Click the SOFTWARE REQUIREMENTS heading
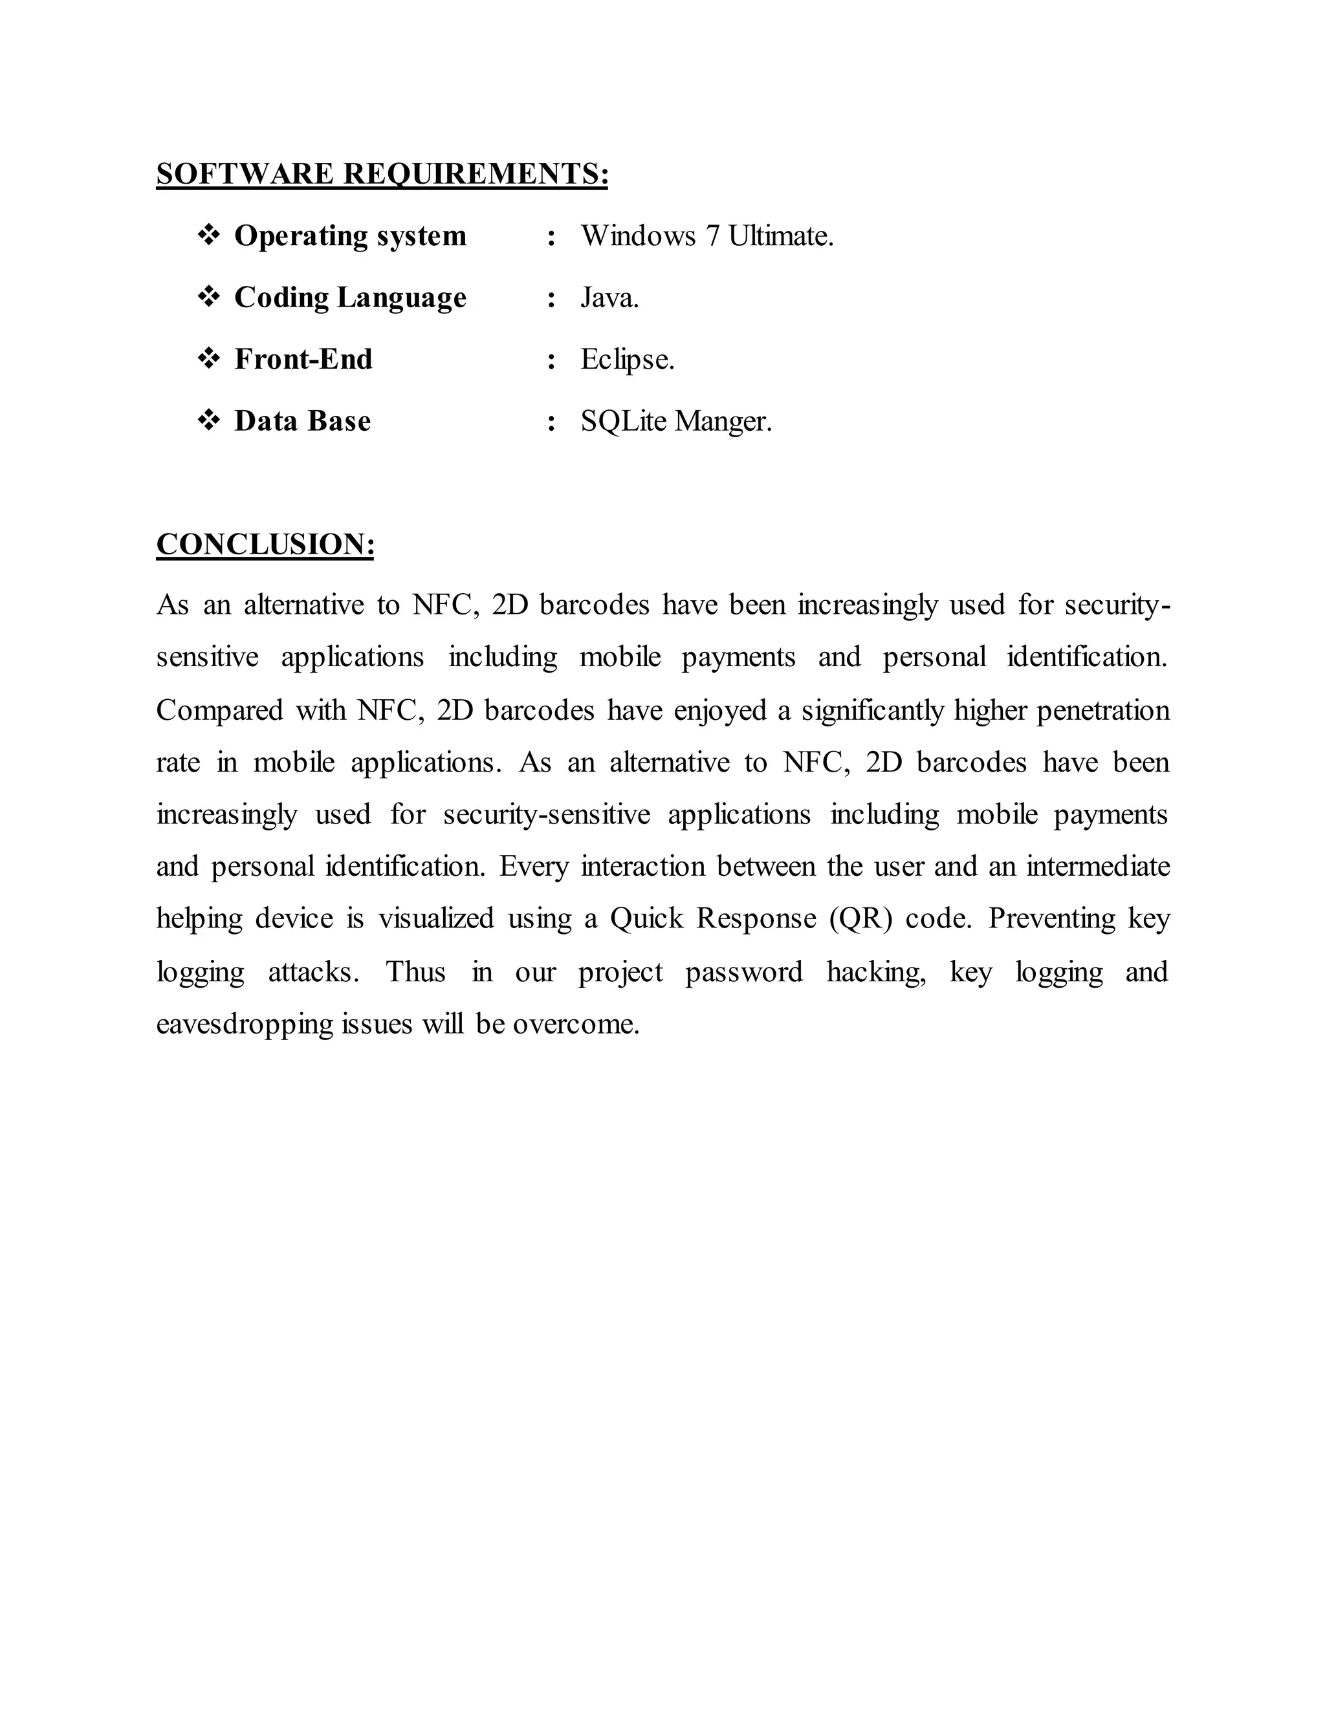pyautogui.click(x=382, y=173)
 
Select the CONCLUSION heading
pyautogui.click(x=265, y=544)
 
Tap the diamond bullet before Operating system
pyautogui.click(x=209, y=235)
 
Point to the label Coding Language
pyautogui.click(x=350, y=298)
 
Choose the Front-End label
pyautogui.click(x=303, y=360)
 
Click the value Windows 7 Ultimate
pyautogui.click(x=706, y=235)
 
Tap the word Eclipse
pyautogui.click(x=627, y=360)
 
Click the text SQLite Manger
pyautogui.click(x=676, y=422)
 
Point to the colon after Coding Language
pyautogui.click(x=552, y=299)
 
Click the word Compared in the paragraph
pyautogui.click(x=219, y=710)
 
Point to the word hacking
pyautogui.click(x=876, y=972)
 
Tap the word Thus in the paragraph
pyautogui.click(x=415, y=971)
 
